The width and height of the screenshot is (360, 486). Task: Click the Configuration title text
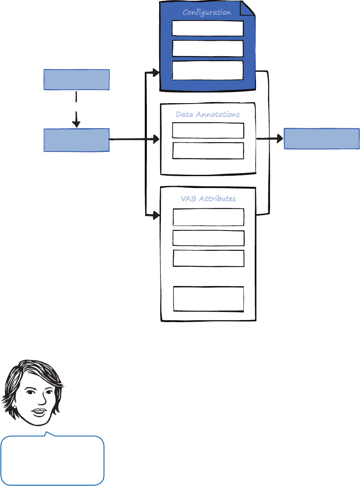pos(207,12)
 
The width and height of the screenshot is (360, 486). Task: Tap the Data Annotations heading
pos(208,115)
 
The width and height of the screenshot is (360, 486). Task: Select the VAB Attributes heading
pos(208,198)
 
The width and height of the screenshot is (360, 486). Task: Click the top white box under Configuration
pos(208,28)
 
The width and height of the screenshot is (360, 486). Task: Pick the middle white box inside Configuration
pos(208,48)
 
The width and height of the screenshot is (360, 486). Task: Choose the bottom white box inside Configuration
pos(208,70)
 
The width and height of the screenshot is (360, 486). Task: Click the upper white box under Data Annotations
pos(208,131)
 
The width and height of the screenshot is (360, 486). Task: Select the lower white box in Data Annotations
pos(208,151)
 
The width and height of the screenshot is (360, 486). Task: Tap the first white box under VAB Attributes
pos(208,217)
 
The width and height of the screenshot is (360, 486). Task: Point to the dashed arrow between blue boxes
pos(76,109)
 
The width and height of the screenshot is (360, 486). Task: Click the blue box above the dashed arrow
pos(77,80)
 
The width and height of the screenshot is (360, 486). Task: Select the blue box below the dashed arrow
pos(77,140)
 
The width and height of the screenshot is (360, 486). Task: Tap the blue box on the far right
pos(321,138)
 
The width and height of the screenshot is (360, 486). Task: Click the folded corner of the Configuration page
pos(248,8)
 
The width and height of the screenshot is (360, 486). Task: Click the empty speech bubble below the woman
pos(53,460)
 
